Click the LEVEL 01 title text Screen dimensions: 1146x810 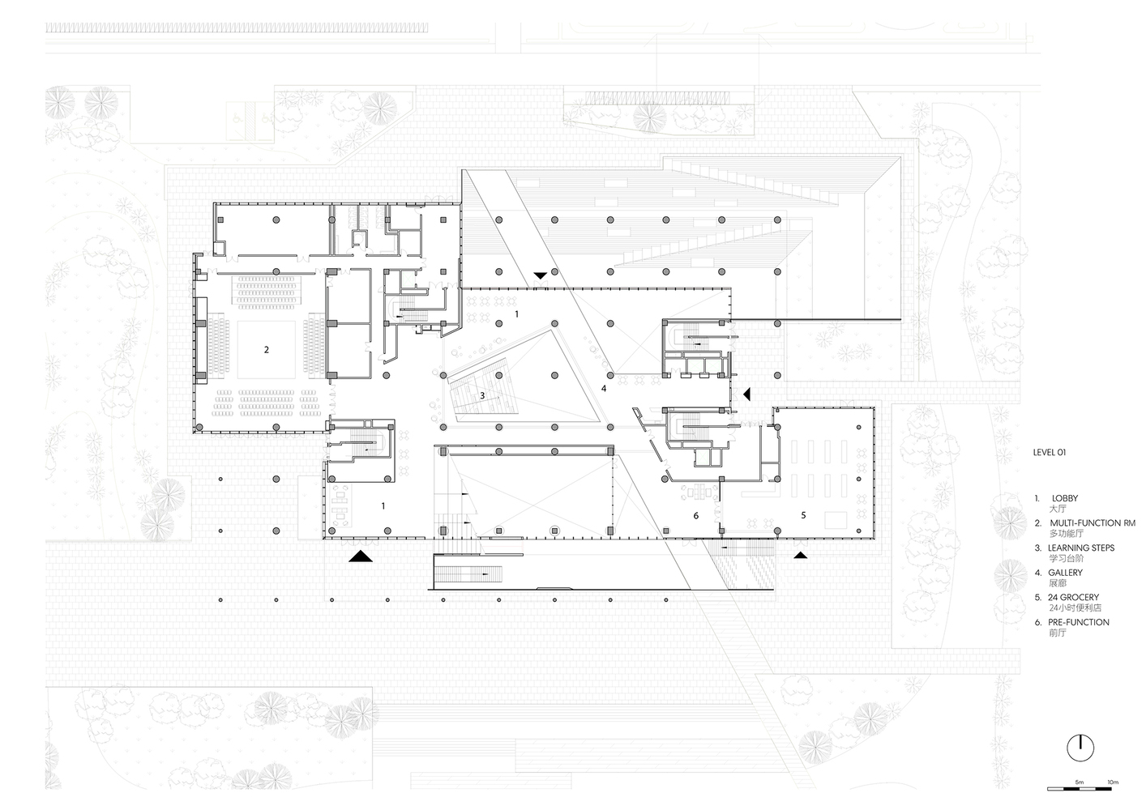tap(1050, 453)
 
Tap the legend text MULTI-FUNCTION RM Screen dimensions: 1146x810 tap(1093, 523)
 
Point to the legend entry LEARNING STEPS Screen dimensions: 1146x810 tap(1081, 548)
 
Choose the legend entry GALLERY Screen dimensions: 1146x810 tap(1065, 573)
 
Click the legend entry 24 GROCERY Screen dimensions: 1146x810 tap(1073, 597)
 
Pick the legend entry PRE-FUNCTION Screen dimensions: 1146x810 tap(1079, 622)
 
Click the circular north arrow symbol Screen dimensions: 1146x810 tap(1080, 748)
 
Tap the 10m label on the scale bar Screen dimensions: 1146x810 tap(1113, 782)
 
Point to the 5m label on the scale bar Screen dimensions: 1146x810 tap(1080, 782)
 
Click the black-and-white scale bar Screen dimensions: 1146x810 tap(1080, 789)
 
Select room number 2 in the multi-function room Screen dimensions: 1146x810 tap(266, 350)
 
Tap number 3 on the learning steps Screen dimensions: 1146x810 tap(482, 396)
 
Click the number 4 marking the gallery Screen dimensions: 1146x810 tap(604, 389)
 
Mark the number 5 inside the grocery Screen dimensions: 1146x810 tap(803, 515)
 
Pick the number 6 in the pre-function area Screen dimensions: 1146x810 tap(695, 516)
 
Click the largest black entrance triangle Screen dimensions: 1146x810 tap(361, 556)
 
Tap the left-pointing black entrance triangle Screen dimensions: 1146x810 tap(747, 394)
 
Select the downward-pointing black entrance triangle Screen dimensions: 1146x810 tap(541, 275)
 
